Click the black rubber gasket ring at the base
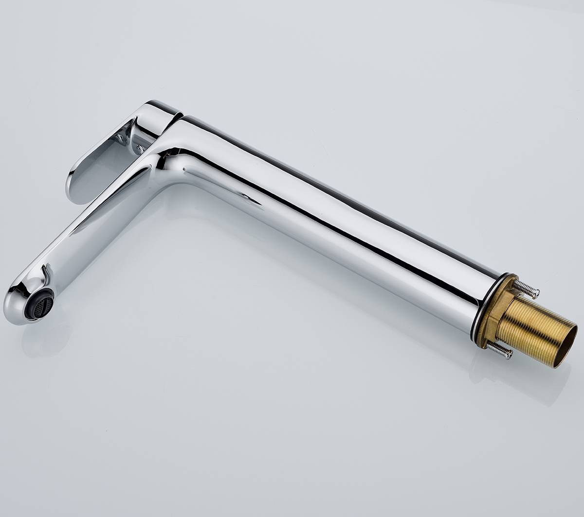click(x=474, y=306)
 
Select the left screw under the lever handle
click(x=120, y=138)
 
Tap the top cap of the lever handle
click(x=161, y=107)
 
